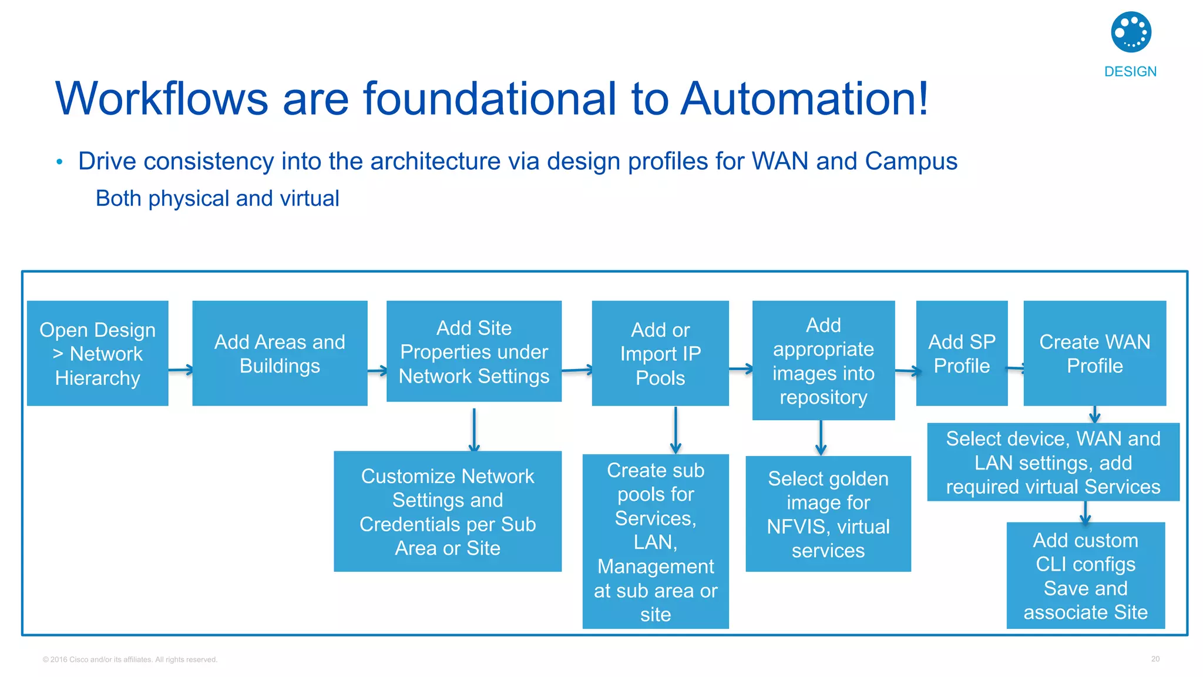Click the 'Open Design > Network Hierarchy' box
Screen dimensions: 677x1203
point(98,353)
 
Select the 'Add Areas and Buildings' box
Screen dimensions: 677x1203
point(280,353)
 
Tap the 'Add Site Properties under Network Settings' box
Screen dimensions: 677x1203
point(473,351)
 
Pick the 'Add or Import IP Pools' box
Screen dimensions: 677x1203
point(660,353)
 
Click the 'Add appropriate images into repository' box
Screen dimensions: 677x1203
point(823,360)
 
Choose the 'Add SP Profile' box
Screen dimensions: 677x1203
point(961,353)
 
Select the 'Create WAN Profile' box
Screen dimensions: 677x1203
point(1094,353)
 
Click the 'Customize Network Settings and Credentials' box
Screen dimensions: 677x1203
point(447,511)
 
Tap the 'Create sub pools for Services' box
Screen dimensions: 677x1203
point(655,541)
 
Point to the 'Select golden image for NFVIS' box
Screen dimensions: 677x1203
point(828,514)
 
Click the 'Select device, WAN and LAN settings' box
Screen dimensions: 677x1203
point(1053,462)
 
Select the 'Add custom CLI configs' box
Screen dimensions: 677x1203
point(1085,575)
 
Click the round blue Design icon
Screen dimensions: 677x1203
point(1131,32)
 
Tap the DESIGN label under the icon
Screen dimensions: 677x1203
point(1130,72)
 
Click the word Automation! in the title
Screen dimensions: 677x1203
point(805,99)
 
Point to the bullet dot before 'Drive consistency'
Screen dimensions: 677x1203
point(59,162)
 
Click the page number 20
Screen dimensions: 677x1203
point(1155,659)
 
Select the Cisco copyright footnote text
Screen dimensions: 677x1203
point(130,659)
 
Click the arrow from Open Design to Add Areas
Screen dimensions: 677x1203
point(180,370)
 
